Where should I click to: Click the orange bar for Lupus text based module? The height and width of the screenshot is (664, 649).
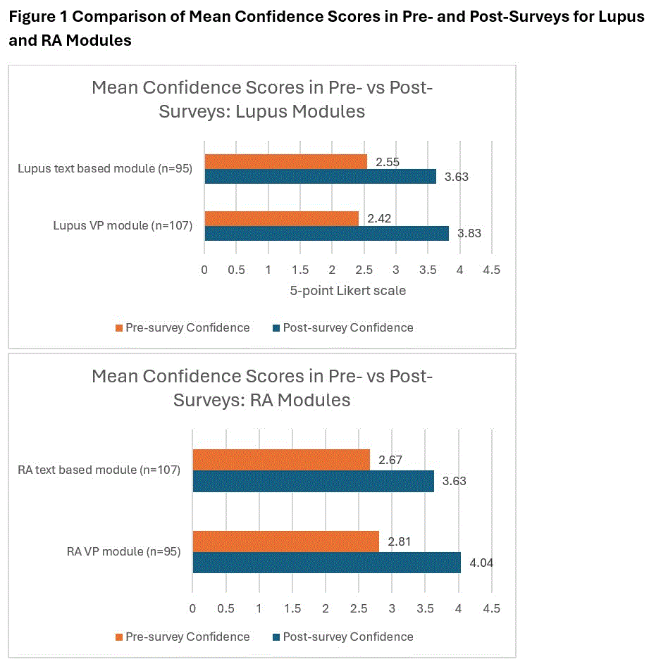(x=285, y=162)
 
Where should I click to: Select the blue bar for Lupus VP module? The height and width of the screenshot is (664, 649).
(x=326, y=234)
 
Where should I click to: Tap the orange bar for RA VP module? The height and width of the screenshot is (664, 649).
(x=285, y=541)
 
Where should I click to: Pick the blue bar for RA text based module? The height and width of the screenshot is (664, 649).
(x=313, y=481)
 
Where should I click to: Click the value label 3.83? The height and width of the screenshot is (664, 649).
(x=469, y=234)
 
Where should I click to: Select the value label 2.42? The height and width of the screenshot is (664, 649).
(x=378, y=219)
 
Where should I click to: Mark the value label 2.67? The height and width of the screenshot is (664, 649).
(x=390, y=460)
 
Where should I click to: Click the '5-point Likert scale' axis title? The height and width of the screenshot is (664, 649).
(x=347, y=290)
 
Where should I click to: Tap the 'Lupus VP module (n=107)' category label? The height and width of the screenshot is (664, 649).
(x=123, y=226)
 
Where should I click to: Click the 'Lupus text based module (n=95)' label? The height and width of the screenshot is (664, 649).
(x=105, y=169)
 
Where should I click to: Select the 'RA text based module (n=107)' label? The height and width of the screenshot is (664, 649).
(x=99, y=470)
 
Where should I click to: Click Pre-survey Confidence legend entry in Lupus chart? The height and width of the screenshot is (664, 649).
(x=182, y=327)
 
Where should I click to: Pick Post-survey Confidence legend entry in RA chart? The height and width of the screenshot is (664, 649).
(x=342, y=637)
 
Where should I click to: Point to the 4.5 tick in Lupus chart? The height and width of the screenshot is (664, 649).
(x=491, y=270)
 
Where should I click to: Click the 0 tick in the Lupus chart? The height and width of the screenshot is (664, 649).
(x=204, y=270)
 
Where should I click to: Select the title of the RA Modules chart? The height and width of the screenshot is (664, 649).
(x=262, y=388)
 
